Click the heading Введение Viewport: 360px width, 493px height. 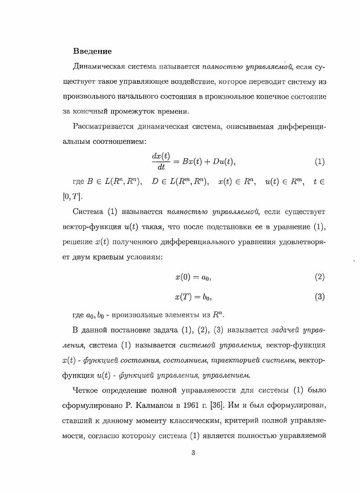point(92,51)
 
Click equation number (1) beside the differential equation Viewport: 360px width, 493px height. point(319,161)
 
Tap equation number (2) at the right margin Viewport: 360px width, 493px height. point(319,277)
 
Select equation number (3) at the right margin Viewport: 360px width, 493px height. point(319,297)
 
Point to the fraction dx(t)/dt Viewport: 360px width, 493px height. point(161,161)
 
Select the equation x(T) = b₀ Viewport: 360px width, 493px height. point(193,297)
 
